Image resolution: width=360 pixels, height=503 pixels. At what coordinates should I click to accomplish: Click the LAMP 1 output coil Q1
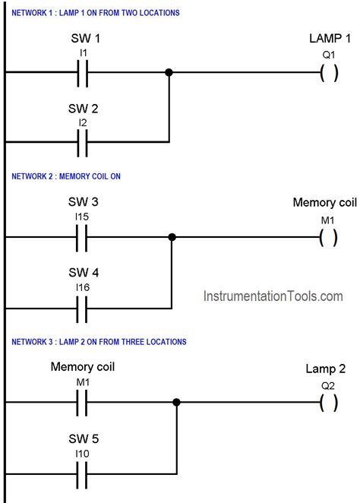coord(329,73)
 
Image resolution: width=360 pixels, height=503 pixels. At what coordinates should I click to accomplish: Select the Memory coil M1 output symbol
coord(329,237)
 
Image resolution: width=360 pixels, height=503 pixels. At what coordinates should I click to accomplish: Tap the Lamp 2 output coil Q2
coord(329,403)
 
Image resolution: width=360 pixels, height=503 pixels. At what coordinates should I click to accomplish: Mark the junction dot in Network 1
coord(169,72)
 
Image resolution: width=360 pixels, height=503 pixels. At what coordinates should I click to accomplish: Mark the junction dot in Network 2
coord(172,237)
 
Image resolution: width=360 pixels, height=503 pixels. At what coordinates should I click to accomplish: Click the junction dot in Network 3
coord(177,403)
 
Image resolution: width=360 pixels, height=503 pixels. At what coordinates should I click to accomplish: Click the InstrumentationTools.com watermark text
coord(273,296)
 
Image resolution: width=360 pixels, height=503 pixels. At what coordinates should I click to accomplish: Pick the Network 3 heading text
coord(99,342)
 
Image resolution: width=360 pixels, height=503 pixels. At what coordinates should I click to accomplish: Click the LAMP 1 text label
coord(330,38)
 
